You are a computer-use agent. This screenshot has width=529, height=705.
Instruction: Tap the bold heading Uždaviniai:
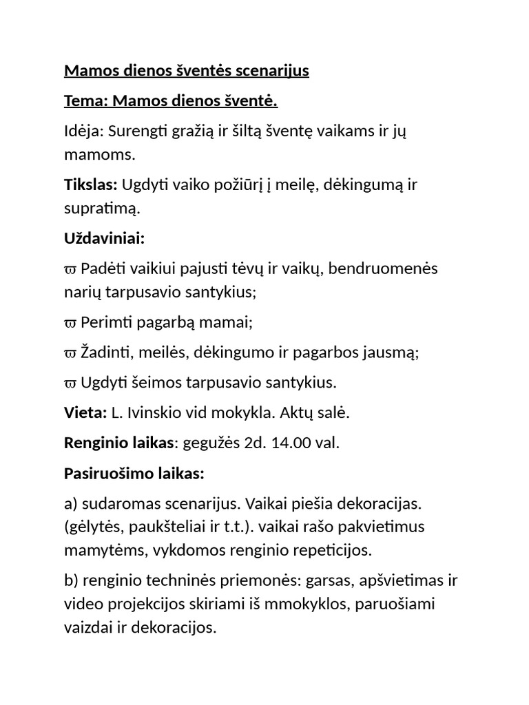tap(104, 238)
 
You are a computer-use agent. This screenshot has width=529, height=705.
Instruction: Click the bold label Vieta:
tap(85, 413)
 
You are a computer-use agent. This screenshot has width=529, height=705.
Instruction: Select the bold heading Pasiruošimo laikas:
tap(134, 474)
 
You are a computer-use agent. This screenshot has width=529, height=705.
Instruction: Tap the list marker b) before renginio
tap(72, 581)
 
